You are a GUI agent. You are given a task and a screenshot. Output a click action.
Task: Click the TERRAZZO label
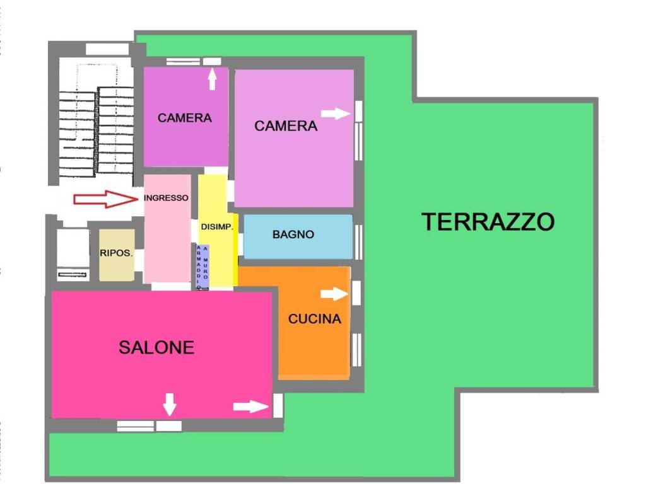pyautogui.click(x=488, y=222)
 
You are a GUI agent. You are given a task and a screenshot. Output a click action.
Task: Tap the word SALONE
pyautogui.click(x=156, y=347)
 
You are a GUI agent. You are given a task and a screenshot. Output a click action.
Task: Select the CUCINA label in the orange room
pyautogui.click(x=314, y=319)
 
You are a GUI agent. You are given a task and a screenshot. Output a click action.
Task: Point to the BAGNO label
pyautogui.click(x=293, y=234)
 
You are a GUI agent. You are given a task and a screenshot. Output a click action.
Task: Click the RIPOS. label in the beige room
pyautogui.click(x=116, y=253)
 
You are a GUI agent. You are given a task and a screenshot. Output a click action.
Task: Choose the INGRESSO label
pyautogui.click(x=167, y=197)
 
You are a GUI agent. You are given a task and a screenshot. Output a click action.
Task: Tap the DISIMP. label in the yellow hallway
pyautogui.click(x=218, y=227)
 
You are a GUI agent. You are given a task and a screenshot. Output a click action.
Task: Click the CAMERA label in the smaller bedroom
pyautogui.click(x=184, y=118)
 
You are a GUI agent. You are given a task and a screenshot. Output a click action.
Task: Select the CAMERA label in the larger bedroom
pyautogui.click(x=285, y=126)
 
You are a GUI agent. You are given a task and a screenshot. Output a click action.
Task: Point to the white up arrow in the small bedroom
pyautogui.click(x=212, y=79)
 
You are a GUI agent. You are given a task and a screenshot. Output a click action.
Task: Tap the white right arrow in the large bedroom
pyautogui.click(x=336, y=113)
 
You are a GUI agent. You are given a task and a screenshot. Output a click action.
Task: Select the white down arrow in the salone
pyautogui.click(x=169, y=404)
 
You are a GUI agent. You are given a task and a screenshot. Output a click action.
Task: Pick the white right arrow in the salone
pyautogui.click(x=250, y=406)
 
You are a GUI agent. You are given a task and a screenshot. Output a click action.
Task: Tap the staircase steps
pyautogui.click(x=96, y=129)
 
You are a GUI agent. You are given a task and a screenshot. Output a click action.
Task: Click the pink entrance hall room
pyautogui.click(x=167, y=239)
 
